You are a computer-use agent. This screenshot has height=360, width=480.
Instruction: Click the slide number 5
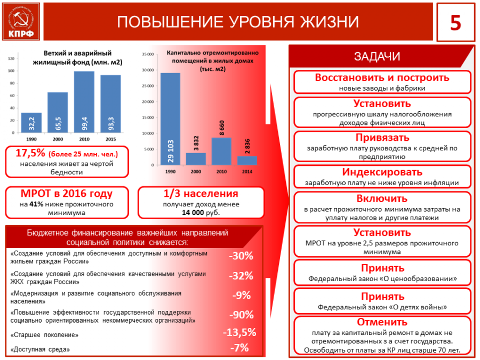point(455,23)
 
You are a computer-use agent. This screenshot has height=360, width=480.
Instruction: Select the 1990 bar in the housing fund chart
point(31,123)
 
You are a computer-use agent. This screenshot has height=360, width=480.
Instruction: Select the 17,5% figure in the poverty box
point(29,154)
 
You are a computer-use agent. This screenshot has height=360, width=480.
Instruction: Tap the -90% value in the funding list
point(241,315)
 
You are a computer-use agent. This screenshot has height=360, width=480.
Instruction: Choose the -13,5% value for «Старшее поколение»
point(239,332)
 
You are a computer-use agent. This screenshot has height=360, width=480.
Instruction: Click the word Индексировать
point(382,172)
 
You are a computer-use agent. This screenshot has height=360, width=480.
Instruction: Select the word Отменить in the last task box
point(382,322)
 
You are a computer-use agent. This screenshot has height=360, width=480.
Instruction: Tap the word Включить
point(382,199)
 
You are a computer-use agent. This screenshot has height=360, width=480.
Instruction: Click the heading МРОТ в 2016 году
point(67,194)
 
